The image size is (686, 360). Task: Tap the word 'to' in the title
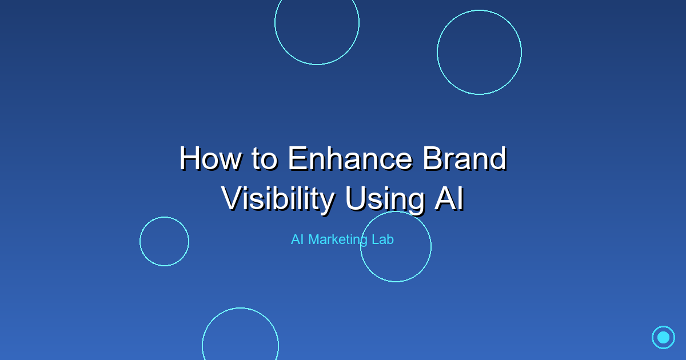(x=265, y=159)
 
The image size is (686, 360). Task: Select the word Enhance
(x=350, y=159)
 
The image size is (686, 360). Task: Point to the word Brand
(x=465, y=159)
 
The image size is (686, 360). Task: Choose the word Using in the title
(x=385, y=199)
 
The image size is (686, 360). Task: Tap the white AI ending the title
(x=449, y=198)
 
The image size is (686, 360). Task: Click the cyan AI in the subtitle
(x=297, y=239)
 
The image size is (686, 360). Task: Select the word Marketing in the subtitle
(x=338, y=239)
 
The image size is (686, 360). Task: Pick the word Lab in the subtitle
(x=383, y=239)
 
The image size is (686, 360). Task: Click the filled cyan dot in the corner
(x=663, y=337)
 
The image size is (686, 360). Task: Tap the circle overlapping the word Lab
(x=361, y=247)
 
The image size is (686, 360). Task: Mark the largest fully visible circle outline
(x=437, y=53)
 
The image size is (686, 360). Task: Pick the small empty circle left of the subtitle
(x=140, y=242)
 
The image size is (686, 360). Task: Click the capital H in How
(x=189, y=159)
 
